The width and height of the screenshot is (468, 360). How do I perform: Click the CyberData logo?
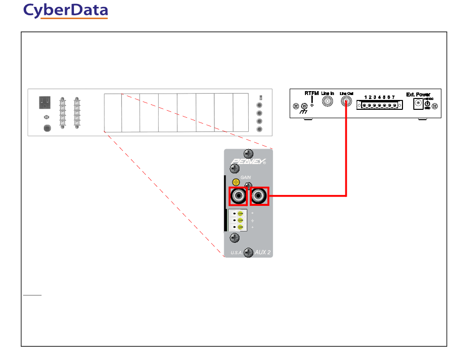pyautogui.click(x=66, y=11)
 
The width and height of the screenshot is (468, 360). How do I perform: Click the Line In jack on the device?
pyautogui.click(x=327, y=102)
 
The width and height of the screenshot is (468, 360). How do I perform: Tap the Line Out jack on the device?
pyautogui.click(x=346, y=102)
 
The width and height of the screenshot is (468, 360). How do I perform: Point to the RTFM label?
pyautogui.click(x=311, y=93)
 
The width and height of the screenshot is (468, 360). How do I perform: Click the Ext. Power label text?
pyautogui.click(x=418, y=94)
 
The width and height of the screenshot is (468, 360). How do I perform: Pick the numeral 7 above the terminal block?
pyautogui.click(x=393, y=98)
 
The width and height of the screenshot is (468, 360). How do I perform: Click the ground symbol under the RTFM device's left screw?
pyautogui.click(x=304, y=112)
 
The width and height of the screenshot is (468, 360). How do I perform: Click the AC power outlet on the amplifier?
pyautogui.click(x=46, y=102)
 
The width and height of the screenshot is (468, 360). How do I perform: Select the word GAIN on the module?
pyautogui.click(x=246, y=176)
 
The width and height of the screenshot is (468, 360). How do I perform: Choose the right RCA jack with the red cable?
pyautogui.click(x=259, y=197)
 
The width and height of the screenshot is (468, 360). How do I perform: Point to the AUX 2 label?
pyautogui.click(x=263, y=252)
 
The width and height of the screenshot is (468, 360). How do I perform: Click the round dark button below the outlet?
pyautogui.click(x=47, y=128)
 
